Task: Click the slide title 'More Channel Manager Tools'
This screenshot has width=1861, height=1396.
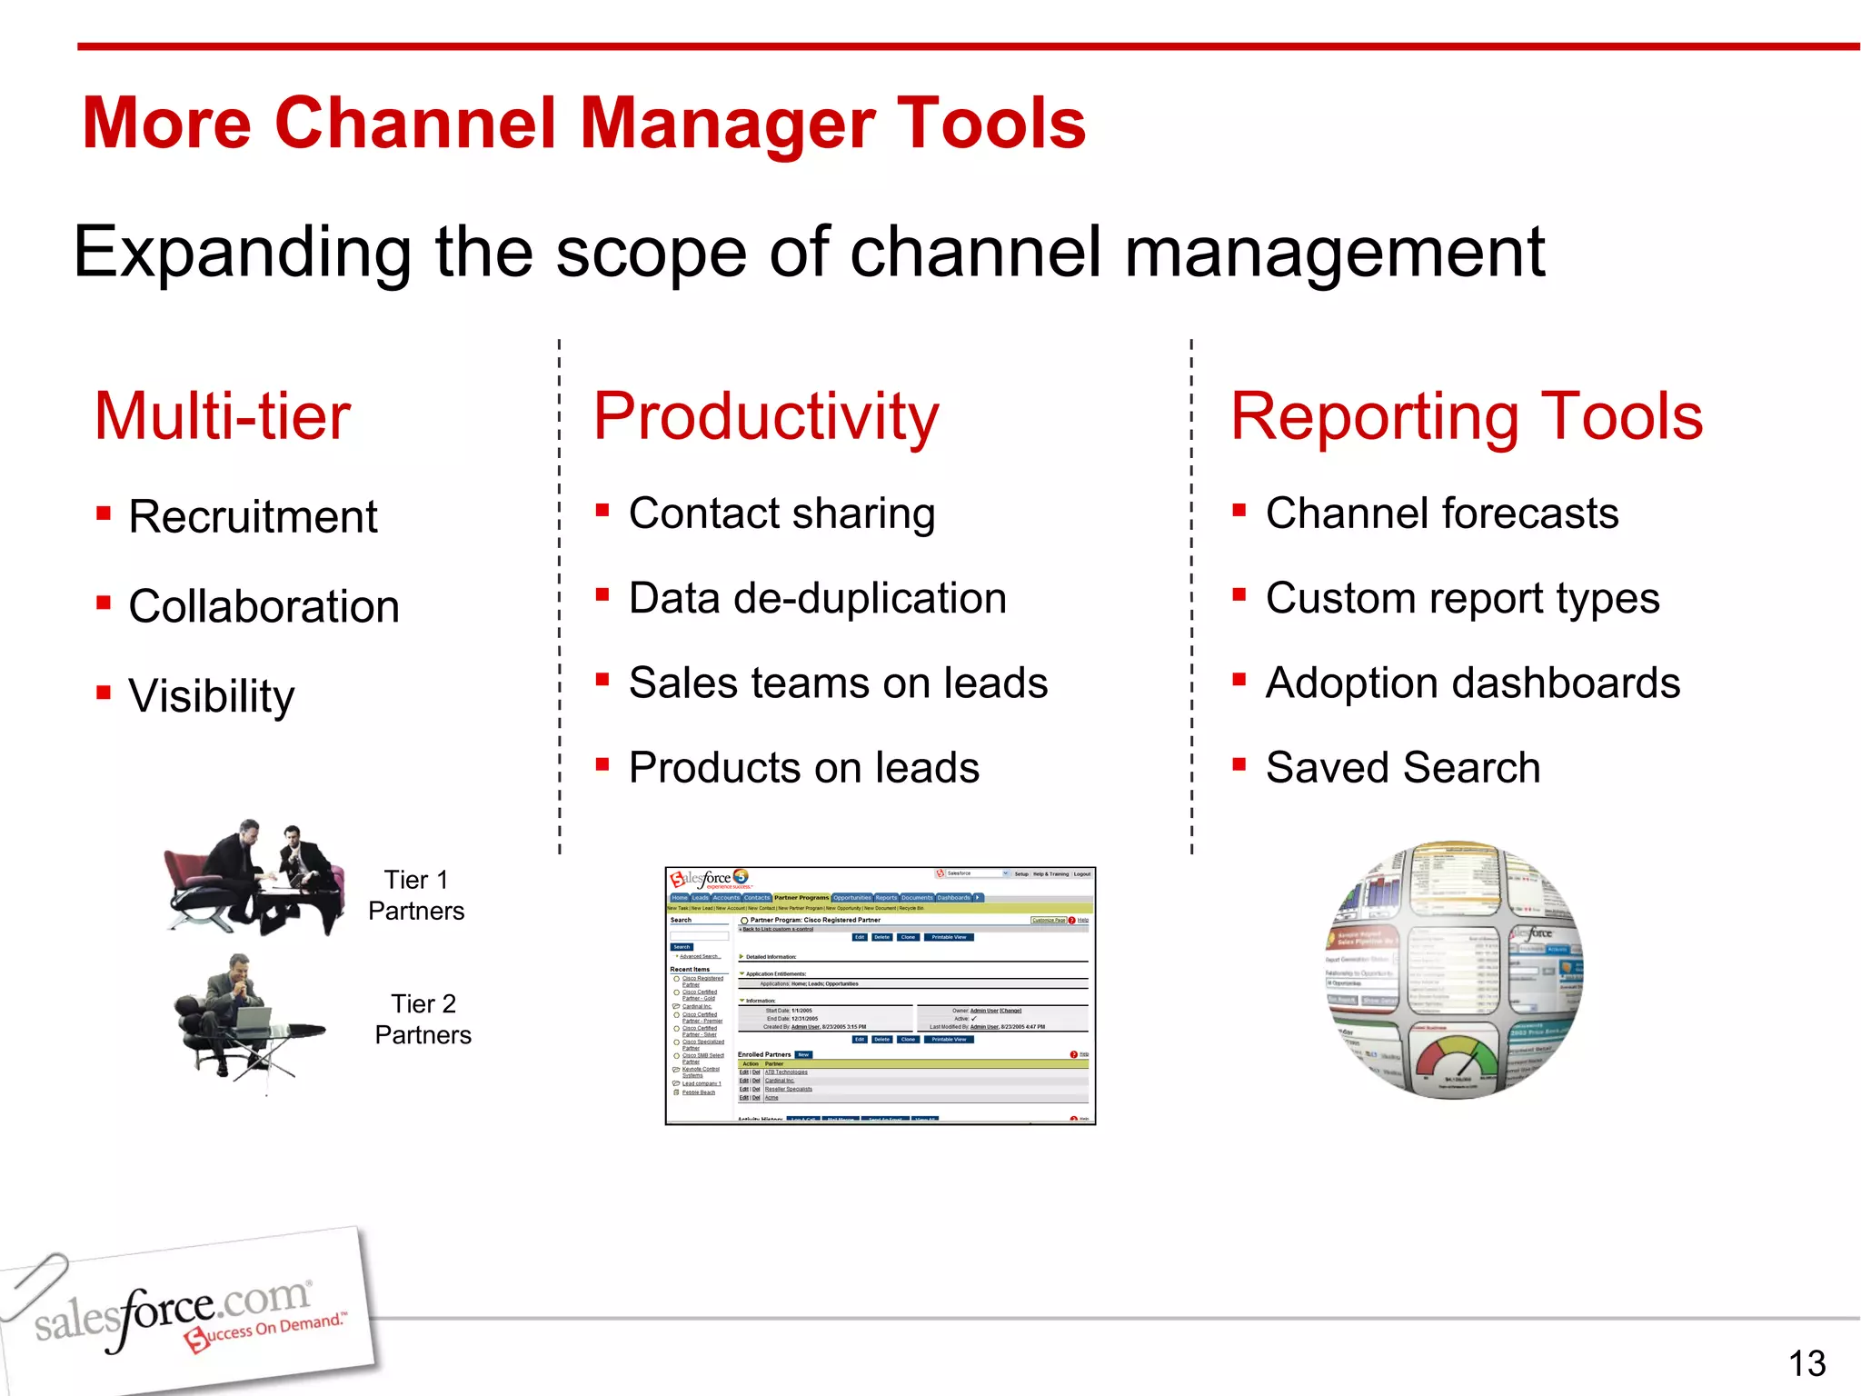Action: pos(583,124)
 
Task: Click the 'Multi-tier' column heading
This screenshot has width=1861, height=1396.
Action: pos(223,416)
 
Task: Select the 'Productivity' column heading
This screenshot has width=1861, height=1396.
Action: pos(765,416)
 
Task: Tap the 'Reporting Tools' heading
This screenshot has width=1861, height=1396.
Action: pos(1466,416)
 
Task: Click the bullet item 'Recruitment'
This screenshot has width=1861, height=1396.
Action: pos(253,517)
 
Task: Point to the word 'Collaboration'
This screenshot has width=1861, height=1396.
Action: pos(264,606)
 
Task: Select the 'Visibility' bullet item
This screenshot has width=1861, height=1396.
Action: pos(211,696)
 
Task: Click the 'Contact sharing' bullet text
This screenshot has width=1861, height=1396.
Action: pos(781,514)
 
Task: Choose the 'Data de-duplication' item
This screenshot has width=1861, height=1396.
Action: pos(817,598)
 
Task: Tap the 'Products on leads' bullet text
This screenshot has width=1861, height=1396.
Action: pos(803,768)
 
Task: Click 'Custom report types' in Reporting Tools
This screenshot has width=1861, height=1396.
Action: pos(1462,598)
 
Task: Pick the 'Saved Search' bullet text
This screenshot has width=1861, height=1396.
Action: pos(1402,768)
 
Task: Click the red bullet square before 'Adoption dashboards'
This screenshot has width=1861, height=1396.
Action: pos(1239,679)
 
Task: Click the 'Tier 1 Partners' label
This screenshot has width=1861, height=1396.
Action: pos(416,895)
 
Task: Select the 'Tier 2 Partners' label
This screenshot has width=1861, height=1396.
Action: pos(423,1019)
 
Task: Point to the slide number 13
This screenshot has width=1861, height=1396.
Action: pos(1806,1363)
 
